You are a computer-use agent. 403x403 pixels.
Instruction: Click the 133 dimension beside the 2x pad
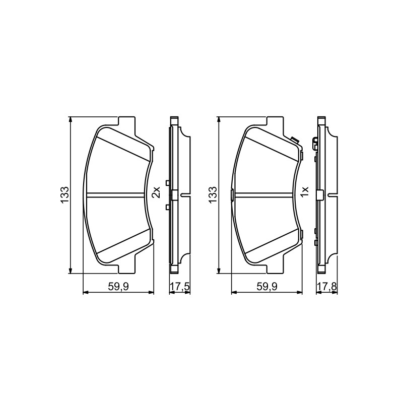tap(64, 195)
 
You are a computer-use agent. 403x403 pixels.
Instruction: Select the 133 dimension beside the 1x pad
tap(213, 195)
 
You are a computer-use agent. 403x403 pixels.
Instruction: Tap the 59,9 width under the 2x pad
tap(118, 286)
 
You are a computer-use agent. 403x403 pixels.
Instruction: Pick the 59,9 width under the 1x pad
tap(267, 286)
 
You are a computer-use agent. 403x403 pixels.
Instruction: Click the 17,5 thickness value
tap(180, 286)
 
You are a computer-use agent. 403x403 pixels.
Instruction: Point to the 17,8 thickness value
tap(327, 286)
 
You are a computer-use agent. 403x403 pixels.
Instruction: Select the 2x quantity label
tap(156, 192)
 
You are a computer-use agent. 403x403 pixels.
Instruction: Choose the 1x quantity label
tap(304, 192)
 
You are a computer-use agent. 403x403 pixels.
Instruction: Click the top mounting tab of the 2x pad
tap(126, 122)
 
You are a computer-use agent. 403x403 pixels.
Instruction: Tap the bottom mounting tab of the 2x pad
tap(126, 268)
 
